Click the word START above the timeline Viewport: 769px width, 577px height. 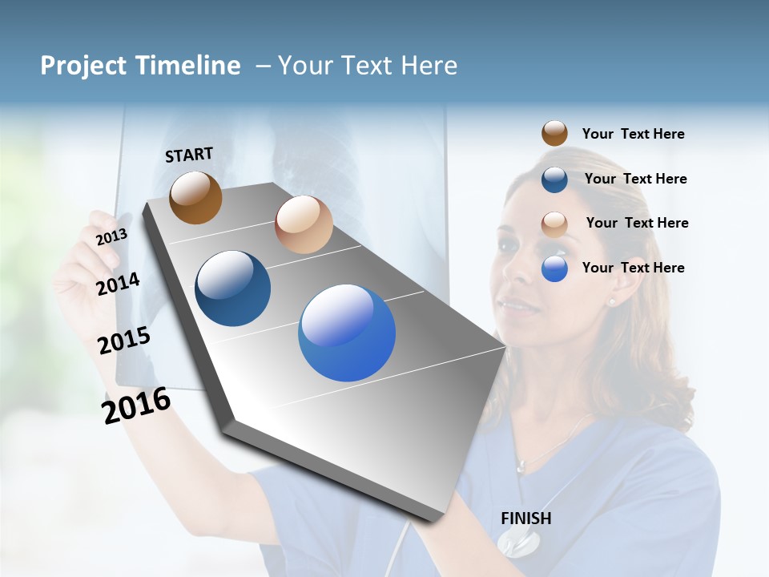coord(189,155)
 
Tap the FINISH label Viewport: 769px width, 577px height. coord(525,518)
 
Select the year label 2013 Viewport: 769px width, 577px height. coord(111,236)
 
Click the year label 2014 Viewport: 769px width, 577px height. coord(118,284)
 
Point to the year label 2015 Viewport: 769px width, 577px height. coord(123,341)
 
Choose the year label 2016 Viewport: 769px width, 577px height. coord(135,405)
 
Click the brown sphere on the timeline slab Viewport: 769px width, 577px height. coord(195,197)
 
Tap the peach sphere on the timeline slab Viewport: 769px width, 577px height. coord(304,224)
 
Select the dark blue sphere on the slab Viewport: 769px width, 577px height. coord(233,288)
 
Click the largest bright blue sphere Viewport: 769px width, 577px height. coord(347,333)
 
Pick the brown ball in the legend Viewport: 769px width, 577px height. coord(554,134)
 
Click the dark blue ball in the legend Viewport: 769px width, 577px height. coord(554,180)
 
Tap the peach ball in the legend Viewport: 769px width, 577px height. coord(554,224)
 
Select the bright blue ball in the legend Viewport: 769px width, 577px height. coord(554,268)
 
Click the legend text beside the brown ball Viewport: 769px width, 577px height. coord(633,134)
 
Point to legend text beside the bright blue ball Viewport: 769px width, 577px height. coord(633,268)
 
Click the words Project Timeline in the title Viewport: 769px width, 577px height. coord(140,66)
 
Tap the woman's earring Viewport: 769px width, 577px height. coord(612,301)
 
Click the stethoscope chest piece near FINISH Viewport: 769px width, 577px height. coord(518,544)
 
